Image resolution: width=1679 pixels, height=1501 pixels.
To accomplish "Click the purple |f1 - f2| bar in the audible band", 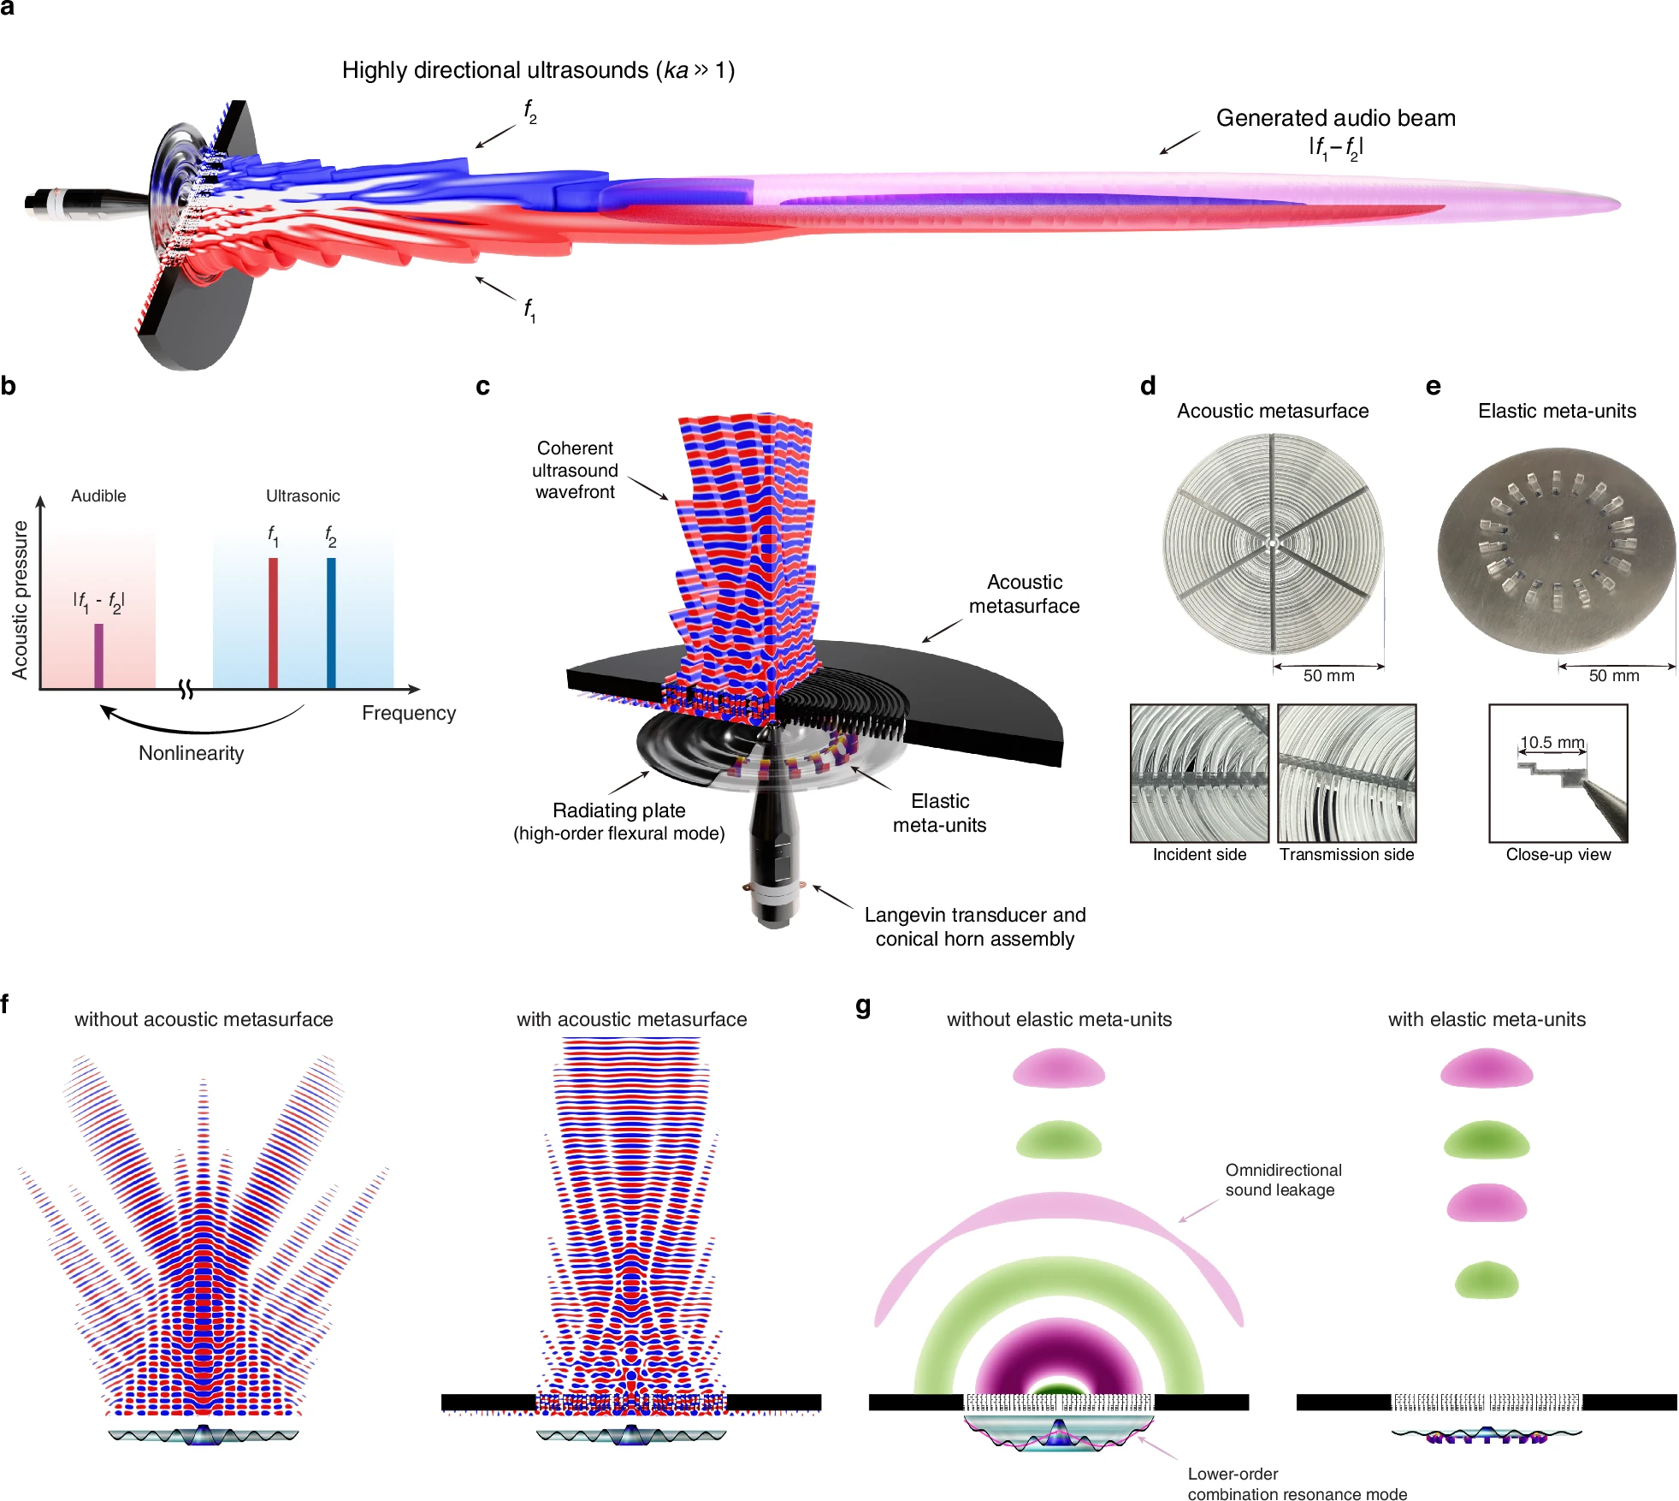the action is pyautogui.click(x=98, y=656).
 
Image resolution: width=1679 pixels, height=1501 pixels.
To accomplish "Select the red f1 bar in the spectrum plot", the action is pyautogui.click(x=273, y=623).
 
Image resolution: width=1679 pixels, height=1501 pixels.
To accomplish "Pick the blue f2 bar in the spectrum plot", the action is pyautogui.click(x=331, y=623).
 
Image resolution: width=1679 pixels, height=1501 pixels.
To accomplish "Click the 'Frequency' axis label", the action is pyautogui.click(x=409, y=713).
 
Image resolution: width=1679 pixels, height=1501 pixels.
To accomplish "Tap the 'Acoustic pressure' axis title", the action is pyautogui.click(x=20, y=599).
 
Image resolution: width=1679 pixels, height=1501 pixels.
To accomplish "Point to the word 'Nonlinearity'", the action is pyautogui.click(x=192, y=753).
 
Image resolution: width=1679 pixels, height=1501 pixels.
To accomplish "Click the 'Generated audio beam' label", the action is pyautogui.click(x=1336, y=118).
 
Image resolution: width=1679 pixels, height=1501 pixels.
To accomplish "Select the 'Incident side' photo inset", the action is pyautogui.click(x=1199, y=774).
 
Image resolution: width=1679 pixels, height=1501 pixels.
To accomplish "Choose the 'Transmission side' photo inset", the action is pyautogui.click(x=1347, y=774).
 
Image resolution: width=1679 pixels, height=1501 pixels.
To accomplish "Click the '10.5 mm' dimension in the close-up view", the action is pyautogui.click(x=1552, y=742).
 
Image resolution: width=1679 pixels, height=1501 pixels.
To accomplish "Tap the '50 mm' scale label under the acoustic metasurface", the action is pyautogui.click(x=1329, y=676).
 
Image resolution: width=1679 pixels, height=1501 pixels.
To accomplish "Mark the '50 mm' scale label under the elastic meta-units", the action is pyautogui.click(x=1614, y=676).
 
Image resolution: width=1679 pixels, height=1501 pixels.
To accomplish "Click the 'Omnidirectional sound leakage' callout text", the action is pyautogui.click(x=1283, y=1180).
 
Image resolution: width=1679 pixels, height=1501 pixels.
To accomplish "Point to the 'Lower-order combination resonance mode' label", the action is pyautogui.click(x=1297, y=1484).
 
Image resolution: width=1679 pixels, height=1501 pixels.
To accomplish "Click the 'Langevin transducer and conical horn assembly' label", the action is pyautogui.click(x=975, y=927).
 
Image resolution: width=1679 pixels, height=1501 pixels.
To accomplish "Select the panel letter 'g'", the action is pyautogui.click(x=863, y=1005).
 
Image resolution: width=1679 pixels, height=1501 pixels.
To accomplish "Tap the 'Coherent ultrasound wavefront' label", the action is pyautogui.click(x=575, y=470).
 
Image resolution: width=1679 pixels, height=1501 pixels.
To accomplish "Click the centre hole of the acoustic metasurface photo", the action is pyautogui.click(x=1273, y=543).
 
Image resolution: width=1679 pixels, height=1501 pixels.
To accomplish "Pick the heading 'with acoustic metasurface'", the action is pyautogui.click(x=632, y=1019).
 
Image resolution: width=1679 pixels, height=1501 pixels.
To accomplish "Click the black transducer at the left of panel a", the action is pyautogui.click(x=86, y=203).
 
